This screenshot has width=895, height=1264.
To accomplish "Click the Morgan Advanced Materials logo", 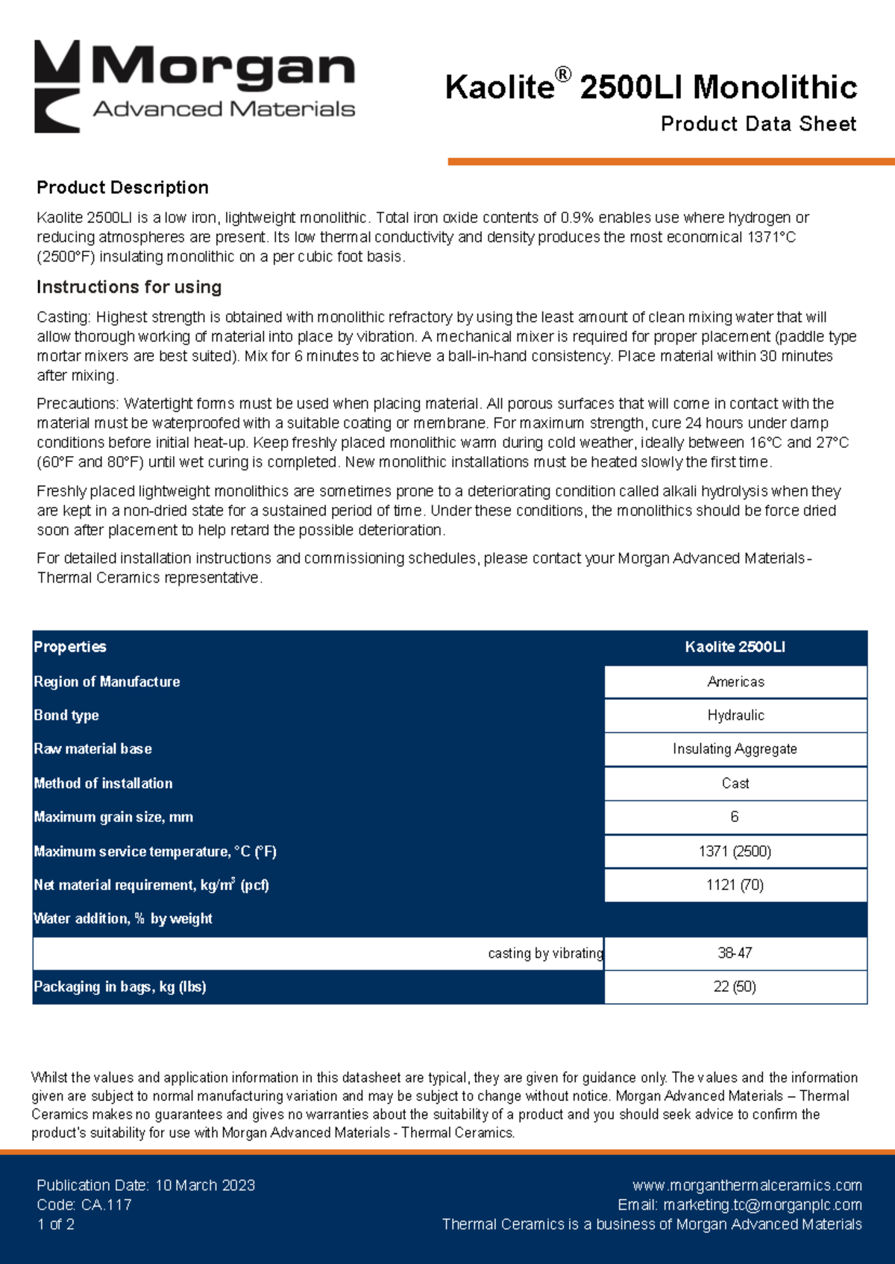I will [x=195, y=86].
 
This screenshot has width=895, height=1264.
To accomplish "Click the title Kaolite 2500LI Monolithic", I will [x=650, y=87].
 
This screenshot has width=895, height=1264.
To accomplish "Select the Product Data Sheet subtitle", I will [x=758, y=124].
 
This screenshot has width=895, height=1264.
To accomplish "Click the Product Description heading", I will [x=122, y=188].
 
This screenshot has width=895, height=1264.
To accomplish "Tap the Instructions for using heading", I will [x=129, y=287].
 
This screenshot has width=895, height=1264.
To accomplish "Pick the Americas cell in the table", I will [x=735, y=682].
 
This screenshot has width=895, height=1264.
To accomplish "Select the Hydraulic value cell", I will [x=735, y=715].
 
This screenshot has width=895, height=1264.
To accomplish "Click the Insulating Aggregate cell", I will [x=735, y=749].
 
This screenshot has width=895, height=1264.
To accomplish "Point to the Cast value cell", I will [x=735, y=783].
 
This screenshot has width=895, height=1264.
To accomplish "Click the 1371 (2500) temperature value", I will [x=735, y=851].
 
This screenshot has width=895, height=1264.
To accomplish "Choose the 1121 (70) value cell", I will [x=735, y=885].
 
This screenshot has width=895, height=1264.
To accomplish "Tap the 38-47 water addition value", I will [x=735, y=953].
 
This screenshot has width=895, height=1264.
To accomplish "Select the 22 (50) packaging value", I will [x=735, y=987].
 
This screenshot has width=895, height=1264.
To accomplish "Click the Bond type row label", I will [x=66, y=715].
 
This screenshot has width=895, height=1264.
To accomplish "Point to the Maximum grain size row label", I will [x=113, y=817].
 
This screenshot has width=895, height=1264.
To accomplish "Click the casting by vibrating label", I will [x=545, y=953].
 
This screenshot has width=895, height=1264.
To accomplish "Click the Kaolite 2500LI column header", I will [x=735, y=647].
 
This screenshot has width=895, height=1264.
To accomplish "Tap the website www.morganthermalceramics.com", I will [x=747, y=1185].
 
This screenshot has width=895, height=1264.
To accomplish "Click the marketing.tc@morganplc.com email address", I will [x=762, y=1204].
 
